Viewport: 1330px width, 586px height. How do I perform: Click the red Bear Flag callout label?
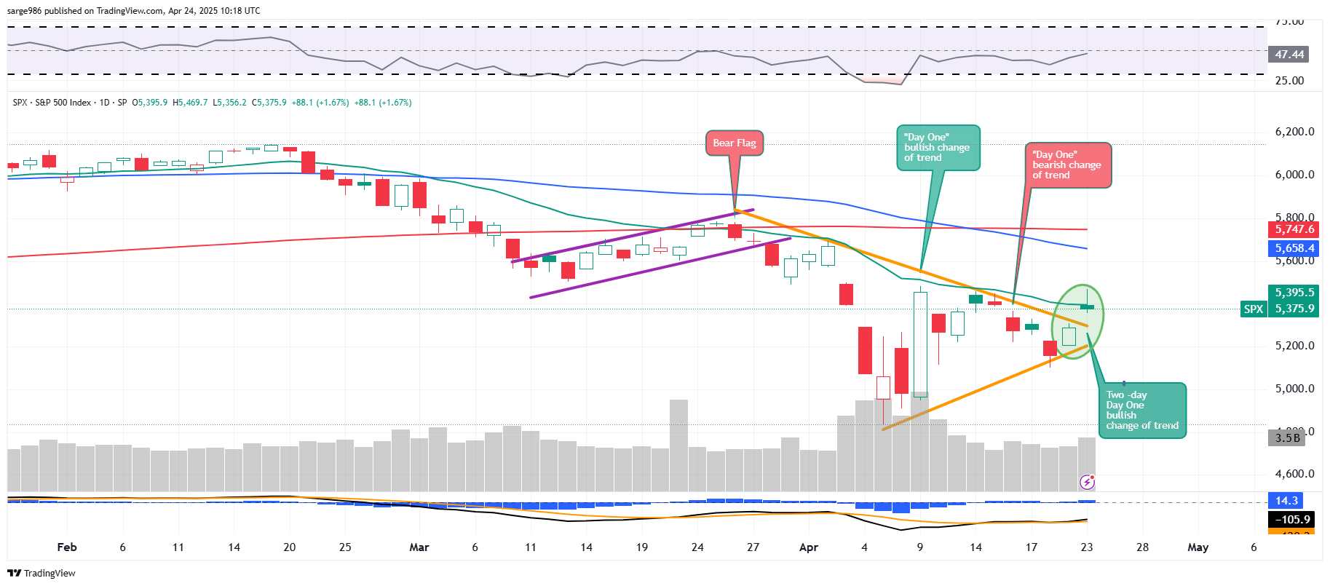[x=734, y=143]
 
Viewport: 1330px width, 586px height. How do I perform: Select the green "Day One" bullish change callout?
[x=938, y=148]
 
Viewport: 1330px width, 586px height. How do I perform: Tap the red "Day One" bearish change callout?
[x=1068, y=165]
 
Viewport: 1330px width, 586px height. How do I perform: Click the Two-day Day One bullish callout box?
[x=1142, y=411]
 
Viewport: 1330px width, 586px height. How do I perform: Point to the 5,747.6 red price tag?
[x=1294, y=229]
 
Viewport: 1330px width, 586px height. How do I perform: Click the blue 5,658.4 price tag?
[x=1294, y=248]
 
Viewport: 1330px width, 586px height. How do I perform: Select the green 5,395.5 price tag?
[x=1294, y=293]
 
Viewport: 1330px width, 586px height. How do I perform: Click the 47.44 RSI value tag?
[x=1289, y=55]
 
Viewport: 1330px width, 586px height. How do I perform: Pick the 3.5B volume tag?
[x=1287, y=437]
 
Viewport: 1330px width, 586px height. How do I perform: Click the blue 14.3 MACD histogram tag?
[x=1286, y=501]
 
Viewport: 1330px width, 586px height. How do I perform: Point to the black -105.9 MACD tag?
[x=1293, y=520]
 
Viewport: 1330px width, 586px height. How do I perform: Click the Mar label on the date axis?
[x=419, y=547]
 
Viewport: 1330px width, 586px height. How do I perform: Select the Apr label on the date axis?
[x=809, y=547]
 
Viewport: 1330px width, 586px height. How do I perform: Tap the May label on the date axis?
[x=1198, y=547]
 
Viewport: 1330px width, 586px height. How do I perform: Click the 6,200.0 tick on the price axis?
[x=1294, y=132]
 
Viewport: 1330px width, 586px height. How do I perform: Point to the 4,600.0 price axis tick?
[x=1294, y=474]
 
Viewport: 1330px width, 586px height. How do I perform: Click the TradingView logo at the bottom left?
[x=41, y=573]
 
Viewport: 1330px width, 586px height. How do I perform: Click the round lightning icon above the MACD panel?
[x=1087, y=481]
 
